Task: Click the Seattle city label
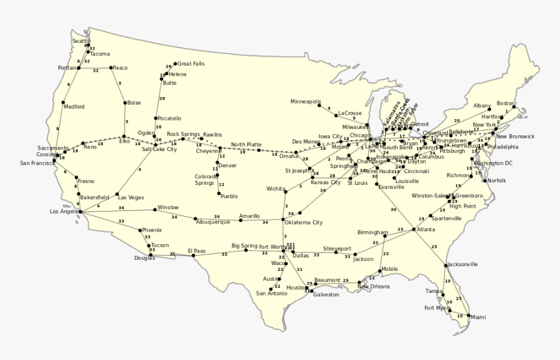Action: pyautogui.click(x=81, y=41)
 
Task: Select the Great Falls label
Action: pyautogui.click(x=191, y=64)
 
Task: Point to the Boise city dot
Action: pyautogui.click(x=124, y=102)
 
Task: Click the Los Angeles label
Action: pyautogui.click(x=65, y=211)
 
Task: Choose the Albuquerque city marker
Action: pyautogui.click(x=195, y=218)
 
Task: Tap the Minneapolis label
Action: pyautogui.click(x=305, y=102)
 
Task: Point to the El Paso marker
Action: pyautogui.click(x=194, y=255)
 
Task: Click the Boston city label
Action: pyautogui.click(x=505, y=103)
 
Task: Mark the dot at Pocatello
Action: pyautogui.click(x=156, y=118)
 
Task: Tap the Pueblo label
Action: pyautogui.click(x=229, y=195)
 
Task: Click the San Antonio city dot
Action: pyautogui.click(x=271, y=288)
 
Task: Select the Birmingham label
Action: pyautogui.click(x=372, y=232)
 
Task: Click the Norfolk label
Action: pyautogui.click(x=497, y=180)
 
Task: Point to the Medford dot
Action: pyautogui.click(x=63, y=102)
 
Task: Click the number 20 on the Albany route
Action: pyautogui.click(x=456, y=120)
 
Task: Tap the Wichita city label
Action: pyautogui.click(x=275, y=189)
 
